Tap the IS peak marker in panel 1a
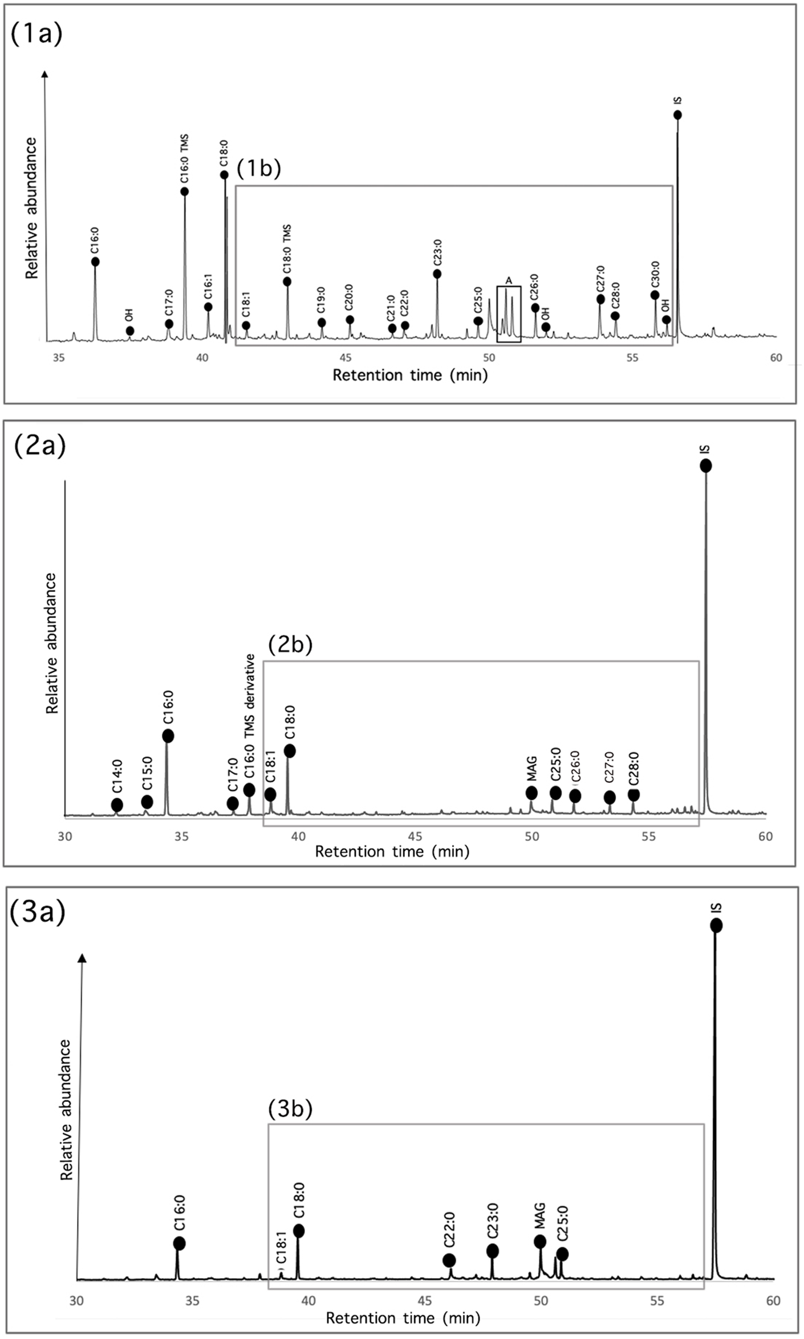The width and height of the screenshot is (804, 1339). pos(677,115)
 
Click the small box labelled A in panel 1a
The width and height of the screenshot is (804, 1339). pos(509,314)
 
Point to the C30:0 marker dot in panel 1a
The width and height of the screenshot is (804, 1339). pos(655,295)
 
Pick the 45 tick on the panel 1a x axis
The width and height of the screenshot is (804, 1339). pos(346,358)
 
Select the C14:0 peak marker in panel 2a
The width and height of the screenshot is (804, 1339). pos(117,805)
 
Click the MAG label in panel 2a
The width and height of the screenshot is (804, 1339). pos(531,769)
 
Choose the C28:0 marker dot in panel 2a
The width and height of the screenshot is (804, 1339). pos(634,794)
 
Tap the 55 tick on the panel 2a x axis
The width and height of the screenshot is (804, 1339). pos(648,836)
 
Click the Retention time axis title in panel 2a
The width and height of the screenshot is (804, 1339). pos(392,851)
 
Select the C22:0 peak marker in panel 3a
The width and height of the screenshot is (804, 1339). pos(449,1260)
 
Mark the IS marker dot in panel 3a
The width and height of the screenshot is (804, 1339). pos(716,926)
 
